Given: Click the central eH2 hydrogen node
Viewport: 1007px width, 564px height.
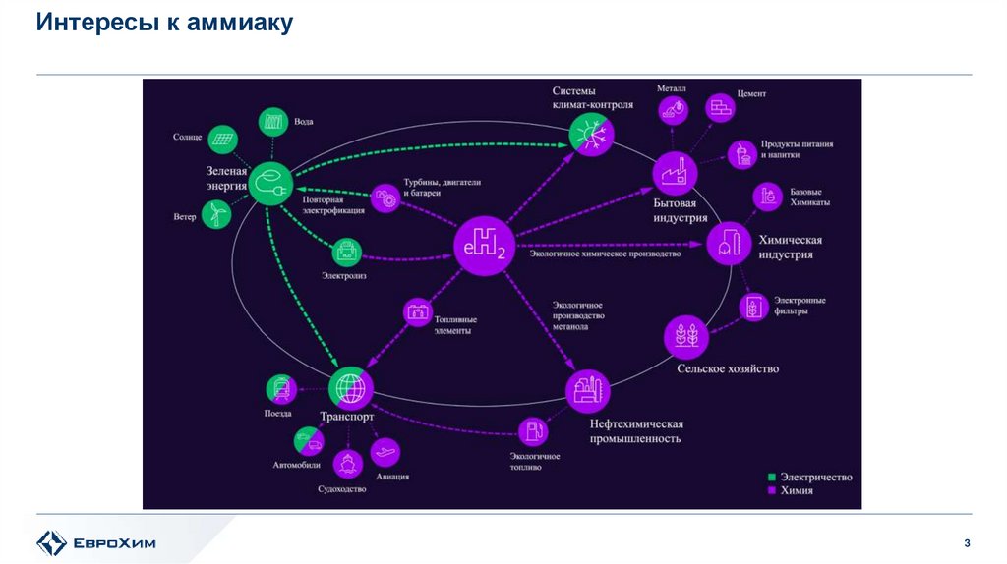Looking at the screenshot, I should point(484,246).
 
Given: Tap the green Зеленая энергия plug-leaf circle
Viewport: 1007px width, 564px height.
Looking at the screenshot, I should point(267,182).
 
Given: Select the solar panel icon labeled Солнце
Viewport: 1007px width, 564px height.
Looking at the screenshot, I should point(222,139).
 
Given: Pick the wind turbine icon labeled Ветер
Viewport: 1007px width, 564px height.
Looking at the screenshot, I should point(215,213).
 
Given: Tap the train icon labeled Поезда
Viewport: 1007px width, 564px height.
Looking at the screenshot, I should point(279,389).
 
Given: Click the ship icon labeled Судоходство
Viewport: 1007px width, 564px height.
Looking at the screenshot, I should point(346,462).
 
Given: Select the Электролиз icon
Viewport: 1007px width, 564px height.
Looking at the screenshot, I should point(349,254).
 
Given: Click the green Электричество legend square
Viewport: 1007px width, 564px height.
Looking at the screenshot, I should point(772,478).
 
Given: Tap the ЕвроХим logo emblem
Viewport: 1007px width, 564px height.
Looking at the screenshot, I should point(50,542).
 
